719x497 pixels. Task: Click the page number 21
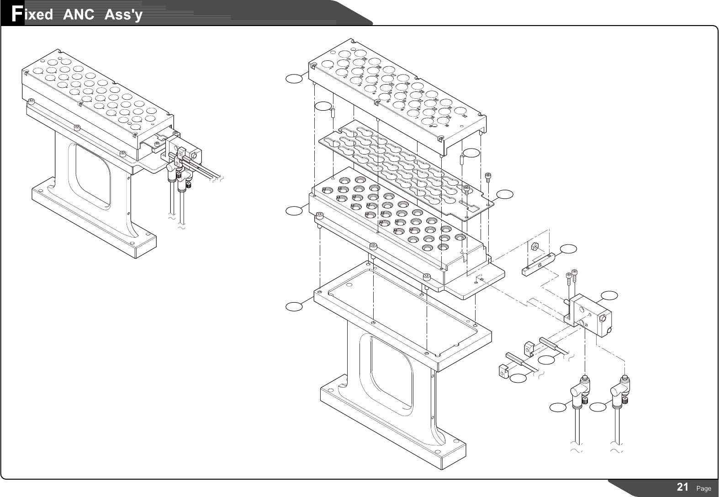tap(682, 487)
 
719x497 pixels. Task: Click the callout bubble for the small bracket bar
tap(569, 249)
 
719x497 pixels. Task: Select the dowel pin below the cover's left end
tap(333, 113)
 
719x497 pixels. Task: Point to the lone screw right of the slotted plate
tap(488, 177)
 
